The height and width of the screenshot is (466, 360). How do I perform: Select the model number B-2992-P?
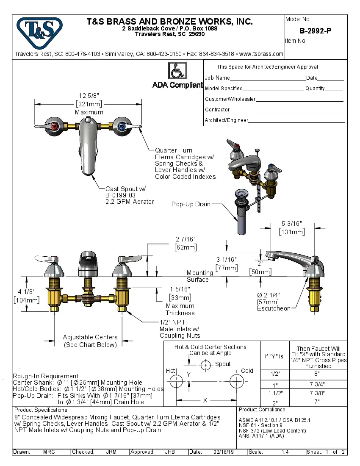316,31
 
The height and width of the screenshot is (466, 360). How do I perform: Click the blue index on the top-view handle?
122,126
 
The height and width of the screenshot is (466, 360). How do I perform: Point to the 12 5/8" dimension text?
89,95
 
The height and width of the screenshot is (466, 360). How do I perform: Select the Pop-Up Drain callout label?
191,204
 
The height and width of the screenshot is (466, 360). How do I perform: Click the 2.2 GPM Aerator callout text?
130,202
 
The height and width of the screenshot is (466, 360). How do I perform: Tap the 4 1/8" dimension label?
26,292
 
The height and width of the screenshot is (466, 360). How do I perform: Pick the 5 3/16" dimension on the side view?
291,223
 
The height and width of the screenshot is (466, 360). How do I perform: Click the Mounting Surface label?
199,276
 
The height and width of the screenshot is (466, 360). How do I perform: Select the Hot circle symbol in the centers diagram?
175,381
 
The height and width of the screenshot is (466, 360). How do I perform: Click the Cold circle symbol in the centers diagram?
236,381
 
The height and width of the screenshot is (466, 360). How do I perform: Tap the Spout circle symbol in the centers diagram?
206,364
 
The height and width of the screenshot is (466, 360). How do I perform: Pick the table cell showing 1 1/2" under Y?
275,393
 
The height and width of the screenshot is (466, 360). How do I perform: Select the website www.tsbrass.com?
261,54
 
